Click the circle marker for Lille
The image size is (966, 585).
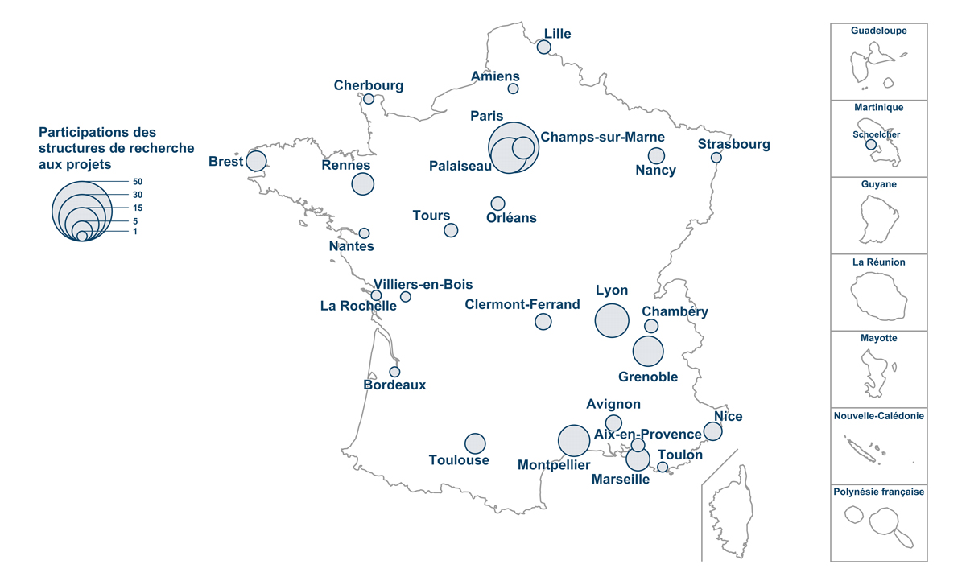click(544, 47)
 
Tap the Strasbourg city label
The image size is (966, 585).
click(733, 145)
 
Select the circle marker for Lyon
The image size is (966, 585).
click(612, 320)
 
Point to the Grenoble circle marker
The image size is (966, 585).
click(648, 352)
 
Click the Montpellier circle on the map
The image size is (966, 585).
click(574, 440)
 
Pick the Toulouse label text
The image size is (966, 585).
click(459, 460)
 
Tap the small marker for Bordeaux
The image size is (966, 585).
click(394, 372)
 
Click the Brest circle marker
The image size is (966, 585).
click(256, 161)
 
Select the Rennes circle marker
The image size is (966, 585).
click(363, 183)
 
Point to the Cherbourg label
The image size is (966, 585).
click(369, 85)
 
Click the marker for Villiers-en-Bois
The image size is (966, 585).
click(406, 297)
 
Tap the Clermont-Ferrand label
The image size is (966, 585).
click(522, 304)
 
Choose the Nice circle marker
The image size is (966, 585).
click(712, 432)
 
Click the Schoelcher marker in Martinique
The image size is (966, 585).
click(871, 145)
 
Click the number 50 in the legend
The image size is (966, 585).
click(138, 182)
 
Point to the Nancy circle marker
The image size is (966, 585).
click(657, 156)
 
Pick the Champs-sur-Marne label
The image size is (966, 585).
click(603, 137)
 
